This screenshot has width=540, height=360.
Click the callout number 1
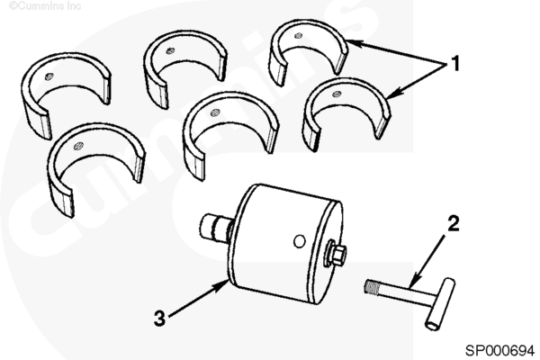pyautogui.click(x=455, y=64)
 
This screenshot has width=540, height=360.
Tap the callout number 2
pyautogui.click(x=454, y=223)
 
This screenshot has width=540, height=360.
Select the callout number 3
pyautogui.click(x=159, y=318)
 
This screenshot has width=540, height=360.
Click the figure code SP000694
pyautogui.click(x=499, y=350)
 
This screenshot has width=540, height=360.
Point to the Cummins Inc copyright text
pyautogui.click(x=45, y=6)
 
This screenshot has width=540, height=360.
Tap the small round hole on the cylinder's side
pyautogui.click(x=300, y=241)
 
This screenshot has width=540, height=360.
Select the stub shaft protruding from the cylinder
pyautogui.click(x=216, y=228)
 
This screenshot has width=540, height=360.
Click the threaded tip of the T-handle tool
pyautogui.click(x=372, y=287)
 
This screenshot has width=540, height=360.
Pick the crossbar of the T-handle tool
pyautogui.click(x=440, y=304)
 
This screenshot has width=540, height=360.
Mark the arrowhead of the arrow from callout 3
pyautogui.click(x=221, y=284)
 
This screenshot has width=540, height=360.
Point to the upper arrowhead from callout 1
pyautogui.click(x=354, y=43)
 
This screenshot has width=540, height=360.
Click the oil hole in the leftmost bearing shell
pyautogui.click(x=49, y=76)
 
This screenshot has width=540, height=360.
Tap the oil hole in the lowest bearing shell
pyautogui.click(x=78, y=146)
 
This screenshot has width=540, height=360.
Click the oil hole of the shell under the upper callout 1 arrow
pyautogui.click(x=299, y=35)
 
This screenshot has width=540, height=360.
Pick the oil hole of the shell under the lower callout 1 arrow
pyautogui.click(x=337, y=94)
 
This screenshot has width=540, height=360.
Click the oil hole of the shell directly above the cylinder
pyautogui.click(x=215, y=112)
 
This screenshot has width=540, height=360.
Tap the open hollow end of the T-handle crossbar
pyautogui.click(x=432, y=325)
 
